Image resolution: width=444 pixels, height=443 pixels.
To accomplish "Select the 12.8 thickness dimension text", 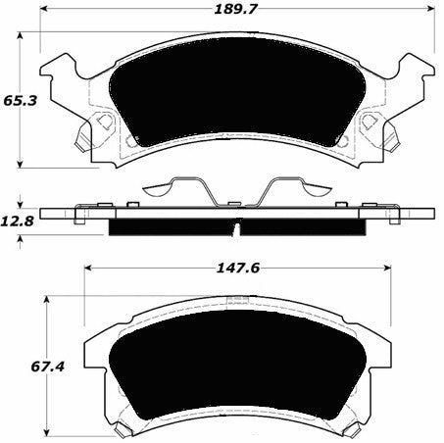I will tap(19, 221).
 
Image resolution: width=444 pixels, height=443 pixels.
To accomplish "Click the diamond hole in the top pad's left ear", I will tap(100, 123).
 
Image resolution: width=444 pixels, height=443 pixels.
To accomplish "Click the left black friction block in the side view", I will tap(169, 226).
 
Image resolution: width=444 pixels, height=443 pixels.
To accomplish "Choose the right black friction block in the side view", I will tap(304, 226).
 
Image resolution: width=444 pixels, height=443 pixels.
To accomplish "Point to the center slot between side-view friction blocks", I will tap(236, 227).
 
